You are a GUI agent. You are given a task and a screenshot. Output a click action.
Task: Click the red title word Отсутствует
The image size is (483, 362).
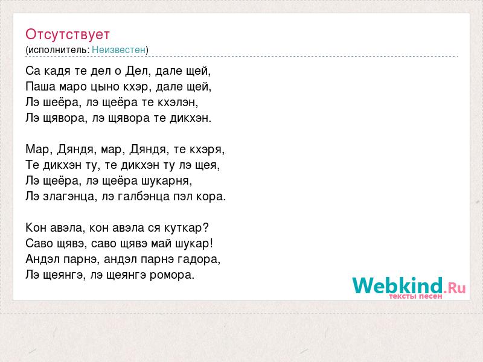tap(68, 34)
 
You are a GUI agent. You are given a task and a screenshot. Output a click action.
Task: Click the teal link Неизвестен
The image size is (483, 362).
tap(118, 49)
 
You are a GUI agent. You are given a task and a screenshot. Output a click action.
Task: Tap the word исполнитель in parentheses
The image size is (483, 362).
tap(59, 50)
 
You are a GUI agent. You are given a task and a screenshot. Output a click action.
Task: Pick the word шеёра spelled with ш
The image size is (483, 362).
tap(62, 102)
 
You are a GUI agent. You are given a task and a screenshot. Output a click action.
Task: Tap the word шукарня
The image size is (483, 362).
tap(167, 181)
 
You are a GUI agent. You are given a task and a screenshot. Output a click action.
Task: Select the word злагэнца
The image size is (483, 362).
tap(69, 197)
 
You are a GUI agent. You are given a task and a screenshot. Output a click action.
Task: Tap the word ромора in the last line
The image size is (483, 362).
tap(171, 275)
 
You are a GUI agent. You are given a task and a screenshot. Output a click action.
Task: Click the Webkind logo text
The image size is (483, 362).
tap(397, 285)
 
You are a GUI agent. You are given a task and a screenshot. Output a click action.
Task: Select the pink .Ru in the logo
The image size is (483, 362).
tap(455, 288)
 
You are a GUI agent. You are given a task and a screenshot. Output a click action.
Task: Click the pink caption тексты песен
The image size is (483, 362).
tap(415, 296)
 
